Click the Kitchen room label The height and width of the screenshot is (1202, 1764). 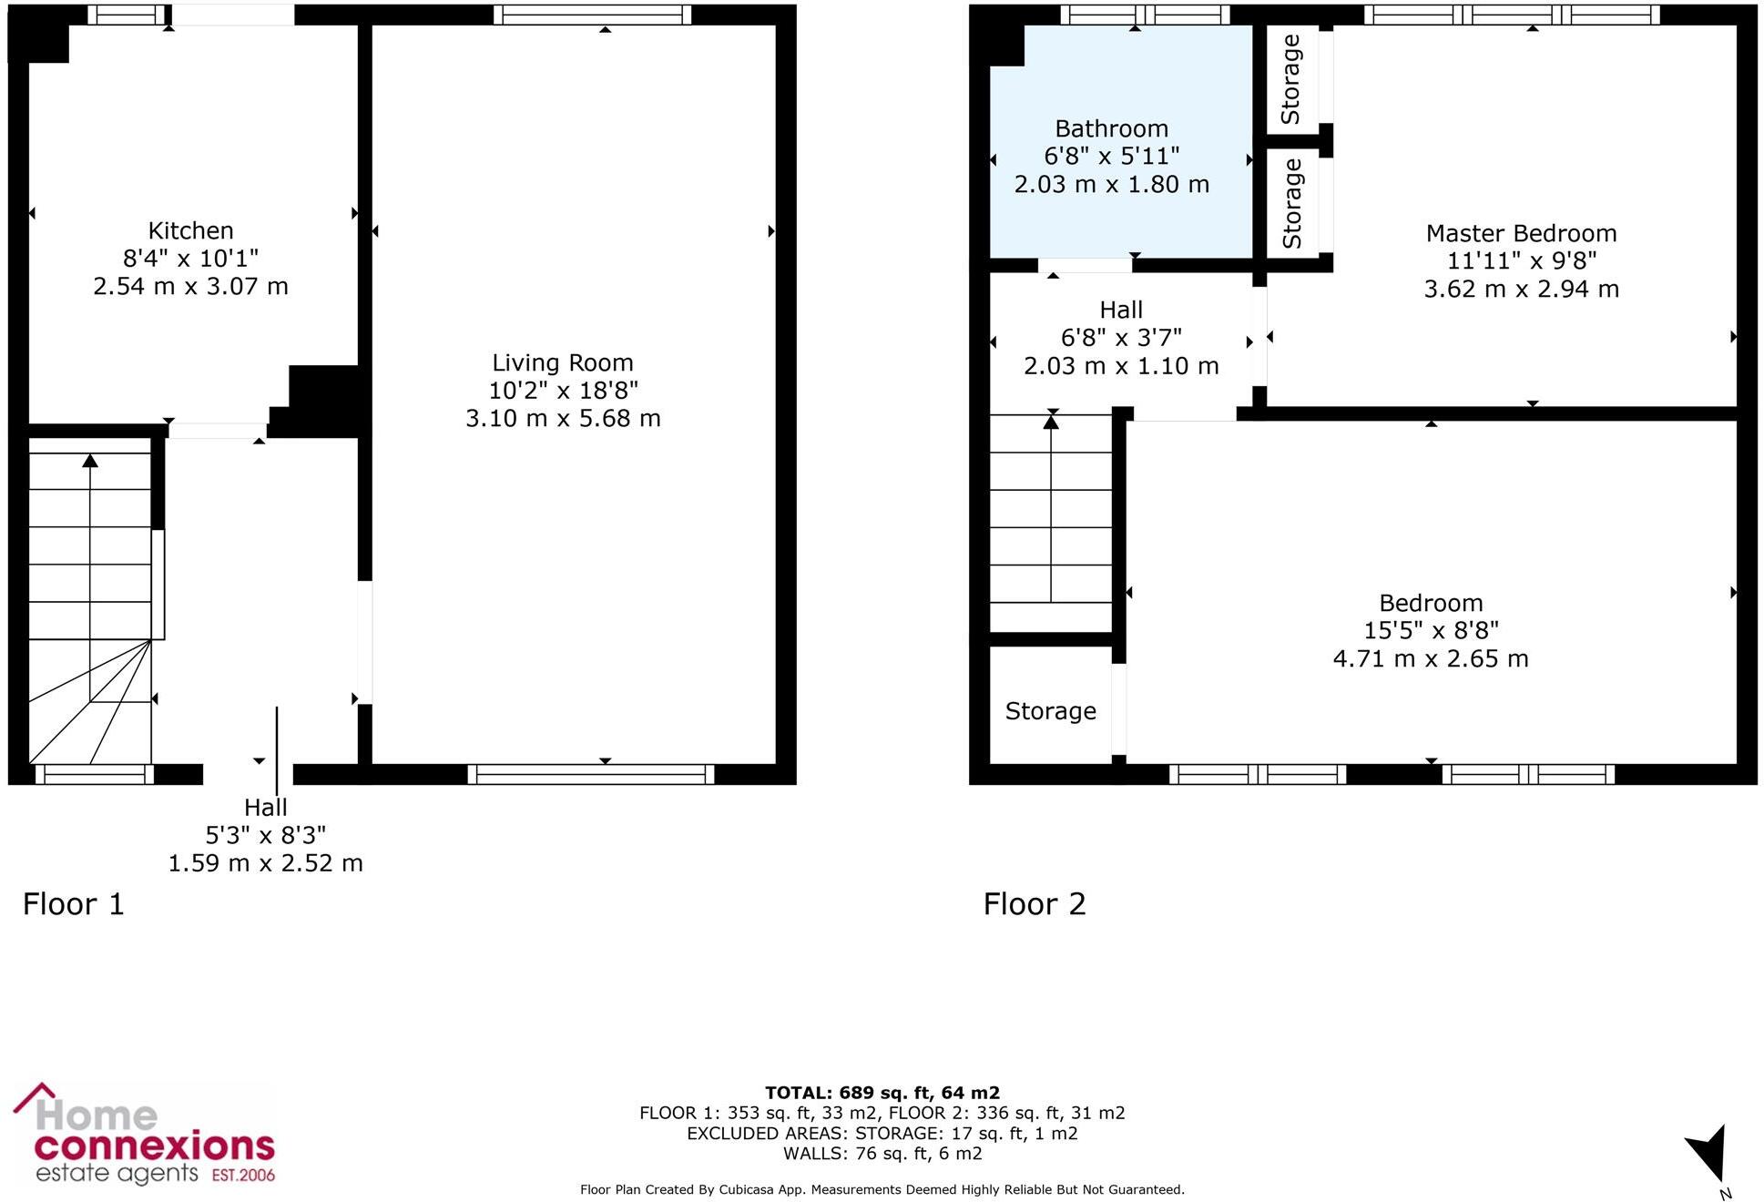(190, 230)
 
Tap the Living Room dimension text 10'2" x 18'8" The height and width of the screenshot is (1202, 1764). (563, 391)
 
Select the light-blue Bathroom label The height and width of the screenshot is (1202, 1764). (1111, 129)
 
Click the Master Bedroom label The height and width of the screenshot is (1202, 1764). (1521, 234)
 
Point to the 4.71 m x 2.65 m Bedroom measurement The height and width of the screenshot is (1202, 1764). (1430, 658)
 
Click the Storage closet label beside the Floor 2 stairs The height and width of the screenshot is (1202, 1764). (1050, 711)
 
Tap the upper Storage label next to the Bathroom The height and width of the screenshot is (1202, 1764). (1290, 80)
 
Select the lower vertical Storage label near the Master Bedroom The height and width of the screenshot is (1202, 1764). (1291, 204)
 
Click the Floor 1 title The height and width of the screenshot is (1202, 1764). (73, 904)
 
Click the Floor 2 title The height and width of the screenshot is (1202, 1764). (1035, 904)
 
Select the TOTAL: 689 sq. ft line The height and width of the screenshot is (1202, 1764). (882, 1093)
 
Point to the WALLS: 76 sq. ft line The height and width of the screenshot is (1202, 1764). (882, 1154)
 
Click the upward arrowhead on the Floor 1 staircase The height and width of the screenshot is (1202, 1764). (89, 461)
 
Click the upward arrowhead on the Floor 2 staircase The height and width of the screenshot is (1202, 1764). (1051, 421)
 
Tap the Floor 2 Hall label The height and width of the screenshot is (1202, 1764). (1120, 311)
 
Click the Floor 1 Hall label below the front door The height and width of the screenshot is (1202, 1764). (265, 808)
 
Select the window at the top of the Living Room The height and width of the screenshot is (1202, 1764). (592, 15)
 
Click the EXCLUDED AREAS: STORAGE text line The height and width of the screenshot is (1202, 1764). (882, 1134)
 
